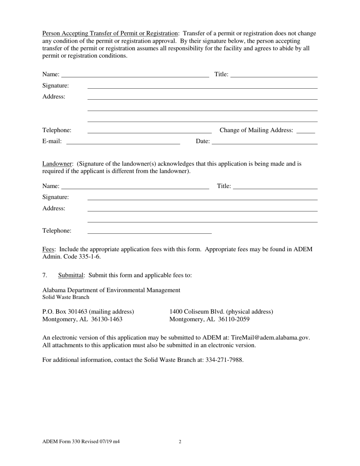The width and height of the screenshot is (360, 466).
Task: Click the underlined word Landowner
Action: (x=58, y=164)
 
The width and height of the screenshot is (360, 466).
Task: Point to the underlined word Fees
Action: (x=49, y=249)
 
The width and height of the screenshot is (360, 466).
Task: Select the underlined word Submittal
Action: (x=70, y=275)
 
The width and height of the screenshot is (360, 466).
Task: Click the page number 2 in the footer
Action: (x=180, y=441)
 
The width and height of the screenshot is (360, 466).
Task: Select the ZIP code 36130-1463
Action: (x=107, y=319)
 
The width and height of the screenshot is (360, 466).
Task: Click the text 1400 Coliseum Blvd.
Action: (x=197, y=311)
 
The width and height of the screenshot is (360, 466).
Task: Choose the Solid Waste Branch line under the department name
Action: (x=66, y=297)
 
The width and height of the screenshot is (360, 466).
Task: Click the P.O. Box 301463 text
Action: (x=65, y=311)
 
